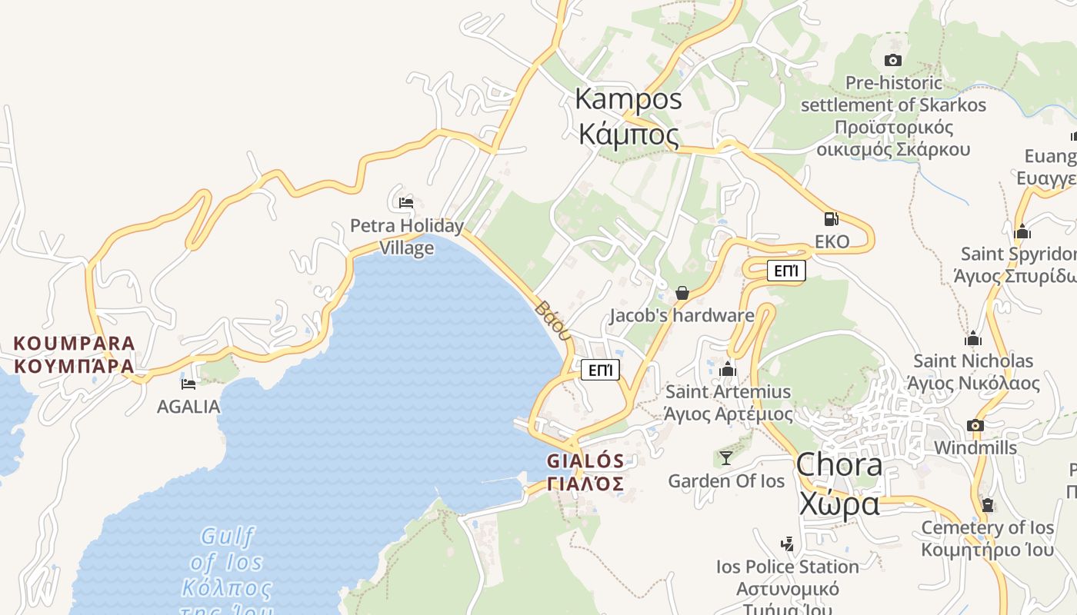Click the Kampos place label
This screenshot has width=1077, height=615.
click(629, 116)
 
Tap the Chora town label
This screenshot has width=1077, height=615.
click(839, 484)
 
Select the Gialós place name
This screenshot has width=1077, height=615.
click(585, 471)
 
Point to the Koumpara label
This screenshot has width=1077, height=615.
click(75, 354)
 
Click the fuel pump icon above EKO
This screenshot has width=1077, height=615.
click(831, 219)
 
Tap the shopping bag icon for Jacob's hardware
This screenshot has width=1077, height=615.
click(682, 293)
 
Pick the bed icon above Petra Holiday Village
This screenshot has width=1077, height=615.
click(406, 203)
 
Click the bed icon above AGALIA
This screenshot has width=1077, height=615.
click(188, 383)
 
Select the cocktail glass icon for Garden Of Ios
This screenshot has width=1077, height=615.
click(725, 458)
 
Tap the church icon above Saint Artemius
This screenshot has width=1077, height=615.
click(728, 370)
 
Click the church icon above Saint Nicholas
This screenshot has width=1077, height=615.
click(973, 338)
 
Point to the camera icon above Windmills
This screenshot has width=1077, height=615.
click(975, 425)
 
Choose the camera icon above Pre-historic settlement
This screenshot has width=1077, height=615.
click(893, 60)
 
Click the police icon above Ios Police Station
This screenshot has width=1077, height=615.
click(786, 544)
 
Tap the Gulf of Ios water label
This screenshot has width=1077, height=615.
click(227, 565)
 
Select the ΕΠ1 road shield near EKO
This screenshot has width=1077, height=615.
click(786, 271)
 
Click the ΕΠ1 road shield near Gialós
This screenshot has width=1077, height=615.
click(600, 370)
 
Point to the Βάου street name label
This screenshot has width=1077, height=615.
click(553, 321)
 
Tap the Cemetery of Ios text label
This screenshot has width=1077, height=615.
click(987, 527)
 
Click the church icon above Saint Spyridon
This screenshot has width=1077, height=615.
click(1022, 231)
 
